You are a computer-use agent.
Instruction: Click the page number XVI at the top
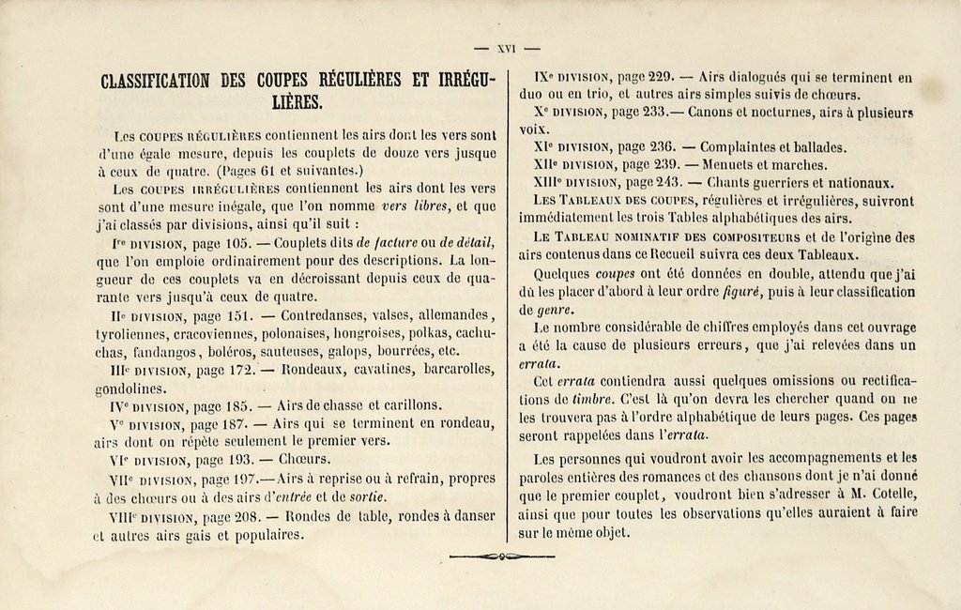click(x=507, y=48)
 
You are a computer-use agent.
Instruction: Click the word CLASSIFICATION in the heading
click(x=155, y=81)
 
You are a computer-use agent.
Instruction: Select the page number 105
click(x=240, y=244)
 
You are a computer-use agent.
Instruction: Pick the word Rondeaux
click(x=319, y=370)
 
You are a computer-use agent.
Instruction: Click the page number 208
click(x=243, y=518)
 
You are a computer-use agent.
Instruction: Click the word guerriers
click(x=798, y=182)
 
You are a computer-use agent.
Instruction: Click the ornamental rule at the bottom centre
click(x=502, y=557)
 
